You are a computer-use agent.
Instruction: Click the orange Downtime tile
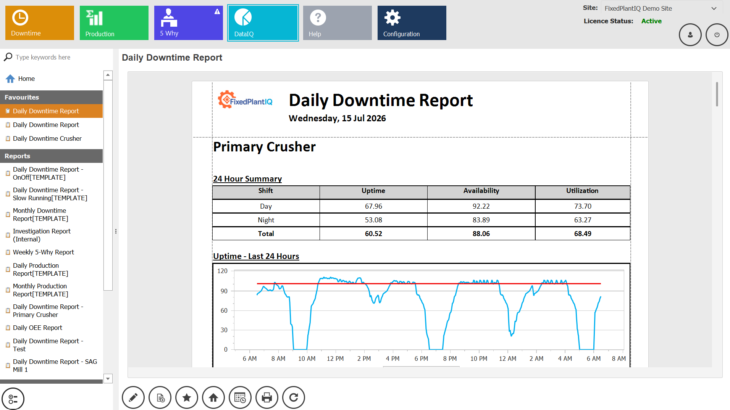tap(40, 23)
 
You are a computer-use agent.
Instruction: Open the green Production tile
tap(114, 23)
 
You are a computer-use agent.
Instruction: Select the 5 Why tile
tap(189, 23)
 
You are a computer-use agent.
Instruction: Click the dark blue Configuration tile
tap(412, 23)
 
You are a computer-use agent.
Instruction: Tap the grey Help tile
tap(338, 23)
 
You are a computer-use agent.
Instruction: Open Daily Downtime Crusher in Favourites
tap(47, 138)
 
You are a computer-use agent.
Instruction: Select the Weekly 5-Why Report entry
tap(44, 252)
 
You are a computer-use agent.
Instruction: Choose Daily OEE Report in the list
tap(37, 328)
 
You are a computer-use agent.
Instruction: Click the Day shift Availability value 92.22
tap(481, 206)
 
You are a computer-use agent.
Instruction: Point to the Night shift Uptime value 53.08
tap(373, 220)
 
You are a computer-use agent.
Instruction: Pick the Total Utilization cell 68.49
tap(583, 234)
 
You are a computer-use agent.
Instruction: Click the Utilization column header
tap(582, 191)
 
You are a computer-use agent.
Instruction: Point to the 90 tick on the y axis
tap(224, 291)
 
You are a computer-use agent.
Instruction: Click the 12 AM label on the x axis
tap(507, 359)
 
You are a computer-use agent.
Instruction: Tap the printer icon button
tap(267, 398)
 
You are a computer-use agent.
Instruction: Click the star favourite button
tap(187, 398)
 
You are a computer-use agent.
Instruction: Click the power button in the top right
tap(717, 35)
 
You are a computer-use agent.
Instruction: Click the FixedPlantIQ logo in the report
tap(245, 100)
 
